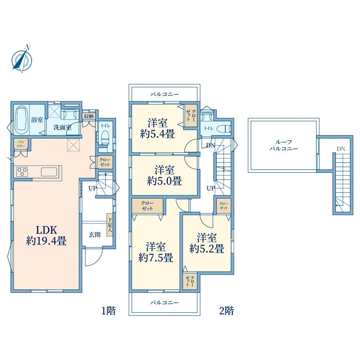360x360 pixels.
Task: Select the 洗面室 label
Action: [62, 127]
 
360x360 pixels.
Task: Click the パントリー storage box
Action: [21, 144]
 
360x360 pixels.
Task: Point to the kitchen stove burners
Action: [22, 171]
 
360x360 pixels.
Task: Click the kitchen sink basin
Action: [49, 171]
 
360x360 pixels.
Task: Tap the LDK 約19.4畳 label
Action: [46, 235]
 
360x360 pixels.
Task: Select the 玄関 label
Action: [95, 235]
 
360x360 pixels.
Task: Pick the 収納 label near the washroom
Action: [89, 116]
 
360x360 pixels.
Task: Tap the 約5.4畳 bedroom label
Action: [158, 128]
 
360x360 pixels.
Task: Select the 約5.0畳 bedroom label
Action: [165, 175]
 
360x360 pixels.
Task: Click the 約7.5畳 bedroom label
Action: [156, 252]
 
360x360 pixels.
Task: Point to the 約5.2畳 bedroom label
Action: [207, 243]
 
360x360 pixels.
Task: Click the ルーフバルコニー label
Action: [284, 145]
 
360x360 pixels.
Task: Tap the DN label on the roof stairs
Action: [341, 149]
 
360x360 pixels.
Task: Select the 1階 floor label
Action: [109, 311]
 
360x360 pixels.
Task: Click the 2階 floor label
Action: [226, 311]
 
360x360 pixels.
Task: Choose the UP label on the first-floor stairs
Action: [93, 188]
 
